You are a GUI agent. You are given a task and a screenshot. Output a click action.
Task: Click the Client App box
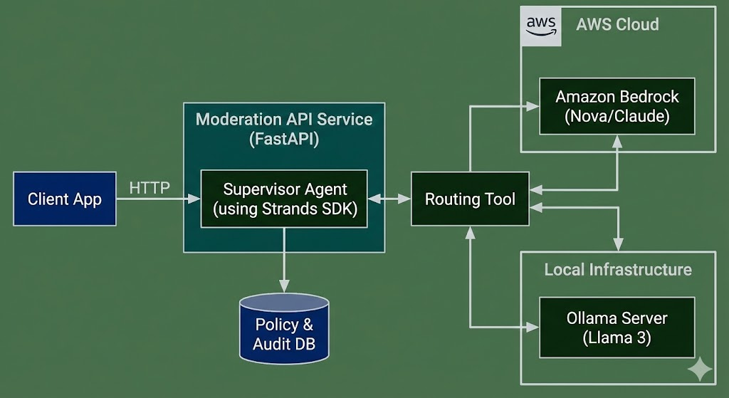click(65, 199)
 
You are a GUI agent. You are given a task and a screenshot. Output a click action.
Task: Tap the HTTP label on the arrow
click(150, 188)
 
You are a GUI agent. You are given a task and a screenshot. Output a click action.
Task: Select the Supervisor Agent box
click(284, 199)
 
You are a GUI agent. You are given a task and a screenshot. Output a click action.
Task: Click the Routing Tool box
click(470, 199)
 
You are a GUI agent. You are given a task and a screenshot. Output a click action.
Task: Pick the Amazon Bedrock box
click(617, 106)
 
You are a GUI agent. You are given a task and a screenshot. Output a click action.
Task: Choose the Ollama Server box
click(617, 328)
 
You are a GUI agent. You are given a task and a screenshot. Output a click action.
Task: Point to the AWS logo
click(541, 26)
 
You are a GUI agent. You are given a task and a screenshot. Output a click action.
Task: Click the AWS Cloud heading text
click(617, 24)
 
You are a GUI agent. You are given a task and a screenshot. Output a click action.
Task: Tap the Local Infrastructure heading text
click(617, 270)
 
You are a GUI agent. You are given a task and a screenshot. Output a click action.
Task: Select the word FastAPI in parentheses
click(284, 139)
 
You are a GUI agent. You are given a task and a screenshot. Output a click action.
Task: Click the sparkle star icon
click(699, 368)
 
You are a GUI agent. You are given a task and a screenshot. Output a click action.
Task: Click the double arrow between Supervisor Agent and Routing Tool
click(389, 199)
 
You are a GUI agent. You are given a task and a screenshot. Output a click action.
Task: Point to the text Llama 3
click(617, 337)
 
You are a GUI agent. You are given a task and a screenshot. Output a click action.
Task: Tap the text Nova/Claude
click(617, 116)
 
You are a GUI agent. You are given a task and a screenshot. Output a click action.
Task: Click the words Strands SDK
click(322, 209)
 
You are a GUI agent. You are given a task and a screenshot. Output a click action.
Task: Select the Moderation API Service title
click(284, 119)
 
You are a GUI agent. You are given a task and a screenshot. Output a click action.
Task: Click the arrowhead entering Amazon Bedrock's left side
click(533, 106)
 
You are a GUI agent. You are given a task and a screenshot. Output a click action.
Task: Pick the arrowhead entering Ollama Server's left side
click(533, 328)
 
